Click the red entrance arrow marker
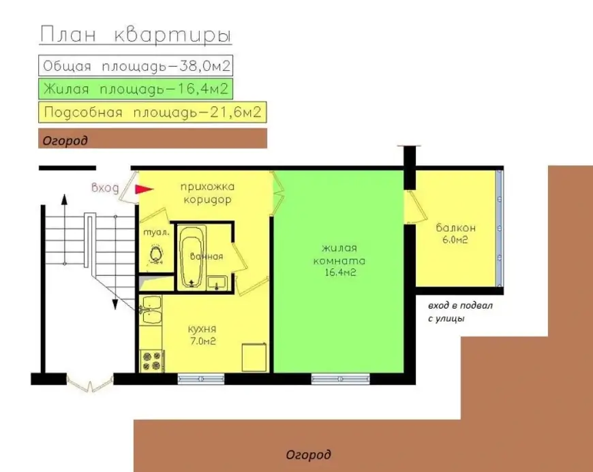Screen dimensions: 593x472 coord(144,189)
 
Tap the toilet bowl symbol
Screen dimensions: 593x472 coord(155,254)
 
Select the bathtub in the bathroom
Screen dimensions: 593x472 coord(192,257)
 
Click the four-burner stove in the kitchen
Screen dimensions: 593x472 coord(151,361)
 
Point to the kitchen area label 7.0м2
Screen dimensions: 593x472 coord(203,341)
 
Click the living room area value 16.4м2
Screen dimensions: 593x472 coord(340,272)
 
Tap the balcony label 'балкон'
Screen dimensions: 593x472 coord(456,228)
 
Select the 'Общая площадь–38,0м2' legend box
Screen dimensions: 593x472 coord(136,66)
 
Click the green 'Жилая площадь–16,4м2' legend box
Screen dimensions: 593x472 coord(136,89)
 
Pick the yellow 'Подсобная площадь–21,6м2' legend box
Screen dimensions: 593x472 coord(153,112)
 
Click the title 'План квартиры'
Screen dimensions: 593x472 coord(136,35)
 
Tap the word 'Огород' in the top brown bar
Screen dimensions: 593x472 coord(65,141)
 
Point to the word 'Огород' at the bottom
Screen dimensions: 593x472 coord(308,454)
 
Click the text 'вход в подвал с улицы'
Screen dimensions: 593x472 coord(460,312)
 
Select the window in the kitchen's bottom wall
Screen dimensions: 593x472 coord(201,379)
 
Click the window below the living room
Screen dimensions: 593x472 coord(340,379)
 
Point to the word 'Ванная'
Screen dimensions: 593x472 coord(207,257)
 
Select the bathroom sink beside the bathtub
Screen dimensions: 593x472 coord(217,283)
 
